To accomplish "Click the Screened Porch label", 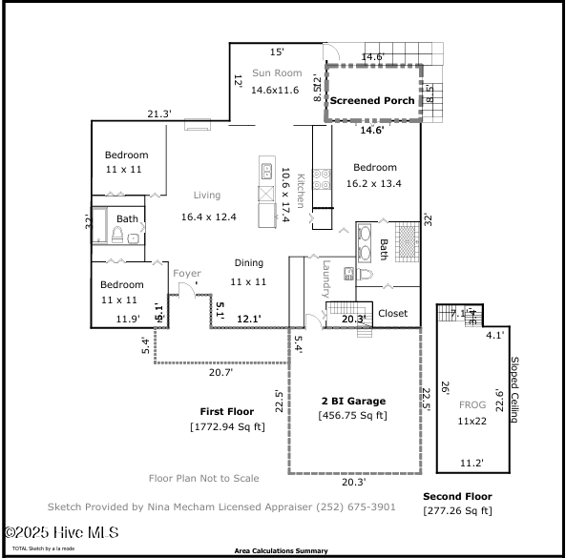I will [372, 100].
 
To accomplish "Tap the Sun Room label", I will [277, 73].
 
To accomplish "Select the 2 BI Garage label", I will [353, 401].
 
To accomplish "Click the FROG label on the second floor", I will [472, 405].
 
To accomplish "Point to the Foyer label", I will [186, 274].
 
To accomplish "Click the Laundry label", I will [325, 279].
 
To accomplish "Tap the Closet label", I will [392, 313].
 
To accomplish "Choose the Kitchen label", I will [299, 191].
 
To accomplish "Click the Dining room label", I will [249, 263].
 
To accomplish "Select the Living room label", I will [207, 196].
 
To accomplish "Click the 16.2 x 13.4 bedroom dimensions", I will [374, 184].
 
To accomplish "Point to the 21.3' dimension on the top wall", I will [158, 114].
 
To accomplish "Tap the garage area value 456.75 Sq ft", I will [353, 415].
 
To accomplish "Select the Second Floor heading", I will [457, 497].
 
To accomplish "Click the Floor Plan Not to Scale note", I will [204, 479].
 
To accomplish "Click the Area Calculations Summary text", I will [282, 551].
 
